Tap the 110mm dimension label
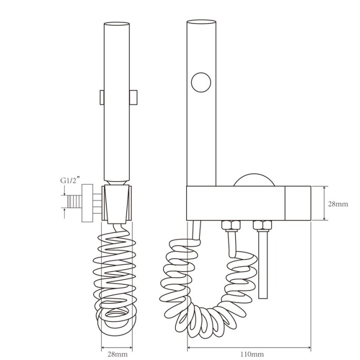[252, 354]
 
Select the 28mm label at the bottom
[118, 354]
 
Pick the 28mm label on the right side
[338, 204]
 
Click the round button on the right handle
[201, 83]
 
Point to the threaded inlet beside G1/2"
[75, 202]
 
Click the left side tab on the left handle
[102, 98]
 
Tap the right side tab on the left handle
[133, 98]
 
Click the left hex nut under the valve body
[231, 225]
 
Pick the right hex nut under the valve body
[263, 225]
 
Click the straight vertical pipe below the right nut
[263, 264]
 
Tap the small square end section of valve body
[298, 203]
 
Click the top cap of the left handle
[117, 24]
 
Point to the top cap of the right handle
[202, 22]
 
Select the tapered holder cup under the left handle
[117, 204]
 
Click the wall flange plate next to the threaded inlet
[87, 203]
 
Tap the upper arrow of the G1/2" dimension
[65, 190]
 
